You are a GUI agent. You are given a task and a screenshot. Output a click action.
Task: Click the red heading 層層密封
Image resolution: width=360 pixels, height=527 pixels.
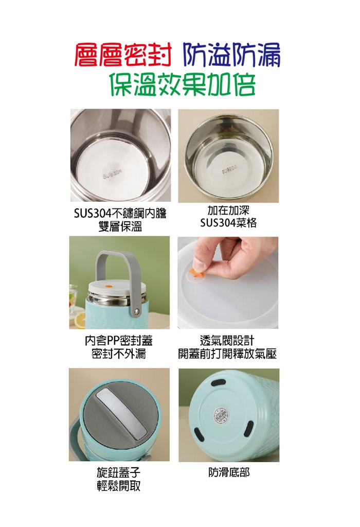pyautogui.click(x=123, y=55)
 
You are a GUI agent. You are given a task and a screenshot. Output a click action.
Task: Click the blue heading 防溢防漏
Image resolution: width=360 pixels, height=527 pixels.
pyautogui.click(x=232, y=55)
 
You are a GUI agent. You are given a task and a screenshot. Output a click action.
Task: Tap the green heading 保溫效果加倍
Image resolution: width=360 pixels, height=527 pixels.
pyautogui.click(x=183, y=84)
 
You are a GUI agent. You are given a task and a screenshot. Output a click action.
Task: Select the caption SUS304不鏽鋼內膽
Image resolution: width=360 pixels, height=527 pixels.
pyautogui.click(x=120, y=214)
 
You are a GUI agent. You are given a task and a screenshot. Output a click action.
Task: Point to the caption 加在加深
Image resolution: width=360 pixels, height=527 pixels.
pyautogui.click(x=228, y=210)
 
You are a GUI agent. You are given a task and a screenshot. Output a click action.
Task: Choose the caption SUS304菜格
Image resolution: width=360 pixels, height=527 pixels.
pyautogui.click(x=228, y=223)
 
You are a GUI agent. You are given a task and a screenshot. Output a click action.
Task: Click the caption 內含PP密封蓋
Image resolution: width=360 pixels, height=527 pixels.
pyautogui.click(x=119, y=341)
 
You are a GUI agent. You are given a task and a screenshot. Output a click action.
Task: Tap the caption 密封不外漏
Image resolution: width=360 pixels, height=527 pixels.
pyautogui.click(x=119, y=354)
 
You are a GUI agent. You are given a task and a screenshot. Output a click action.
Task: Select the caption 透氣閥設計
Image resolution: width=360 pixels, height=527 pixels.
pyautogui.click(x=227, y=341)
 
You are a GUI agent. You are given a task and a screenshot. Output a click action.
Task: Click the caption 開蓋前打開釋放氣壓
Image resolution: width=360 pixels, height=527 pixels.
pyautogui.click(x=227, y=354)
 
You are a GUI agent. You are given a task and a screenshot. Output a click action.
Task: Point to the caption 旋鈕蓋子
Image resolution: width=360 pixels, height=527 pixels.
pyautogui.click(x=119, y=472)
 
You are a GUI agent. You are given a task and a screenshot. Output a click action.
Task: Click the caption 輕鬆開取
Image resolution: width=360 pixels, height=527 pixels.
pyautogui.click(x=119, y=486)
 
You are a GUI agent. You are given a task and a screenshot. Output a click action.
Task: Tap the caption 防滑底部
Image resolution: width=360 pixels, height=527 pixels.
pyautogui.click(x=229, y=472)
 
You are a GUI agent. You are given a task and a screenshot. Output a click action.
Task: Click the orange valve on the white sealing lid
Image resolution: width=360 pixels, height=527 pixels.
pyautogui.click(x=109, y=286)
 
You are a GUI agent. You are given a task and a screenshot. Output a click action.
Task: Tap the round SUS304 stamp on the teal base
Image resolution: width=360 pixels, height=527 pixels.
pyautogui.click(x=221, y=416)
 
